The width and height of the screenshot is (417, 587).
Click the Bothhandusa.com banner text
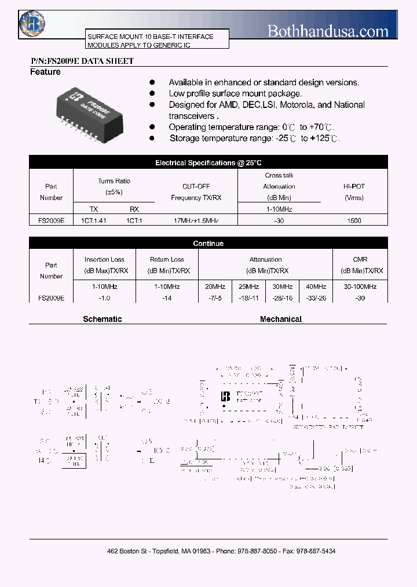pos(328,30)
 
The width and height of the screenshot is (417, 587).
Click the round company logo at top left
pos(32,23)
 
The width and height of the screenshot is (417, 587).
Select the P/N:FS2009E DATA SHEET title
pos(82,61)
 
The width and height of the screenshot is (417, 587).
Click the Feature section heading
pos(45,72)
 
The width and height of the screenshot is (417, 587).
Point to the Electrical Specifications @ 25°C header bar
pos(209,163)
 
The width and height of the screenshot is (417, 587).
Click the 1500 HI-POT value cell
pos(353,220)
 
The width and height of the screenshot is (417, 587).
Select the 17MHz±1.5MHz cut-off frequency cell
pos(196,220)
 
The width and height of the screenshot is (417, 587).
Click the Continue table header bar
pos(209,244)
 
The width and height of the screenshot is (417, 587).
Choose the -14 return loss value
pos(167,298)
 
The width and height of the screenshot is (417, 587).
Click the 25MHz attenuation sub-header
pos(248,287)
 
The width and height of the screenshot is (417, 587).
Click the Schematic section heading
pos(103,319)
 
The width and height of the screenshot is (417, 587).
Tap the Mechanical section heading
pos(281,319)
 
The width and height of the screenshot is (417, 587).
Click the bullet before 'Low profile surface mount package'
pos(152,93)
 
